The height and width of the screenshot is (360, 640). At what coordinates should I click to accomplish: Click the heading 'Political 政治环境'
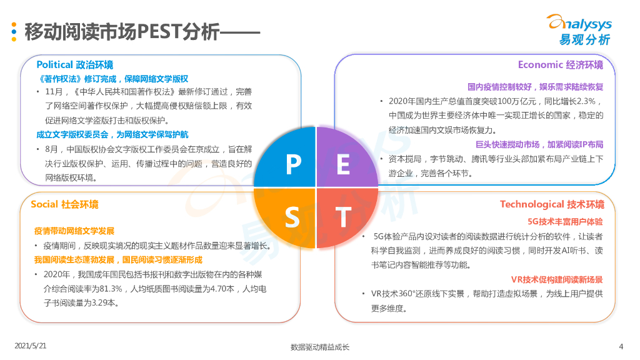tap(75, 65)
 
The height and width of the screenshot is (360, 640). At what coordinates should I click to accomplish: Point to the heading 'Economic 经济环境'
tap(560, 65)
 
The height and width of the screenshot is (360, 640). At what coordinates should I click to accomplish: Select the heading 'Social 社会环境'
tap(64, 204)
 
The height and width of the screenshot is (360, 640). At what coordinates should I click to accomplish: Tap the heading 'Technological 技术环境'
tap(551, 204)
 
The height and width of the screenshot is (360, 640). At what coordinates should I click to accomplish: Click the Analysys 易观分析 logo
tap(579, 30)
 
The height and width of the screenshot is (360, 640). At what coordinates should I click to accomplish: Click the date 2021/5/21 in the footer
tap(31, 345)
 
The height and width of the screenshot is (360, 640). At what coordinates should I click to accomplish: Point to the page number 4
tap(621, 346)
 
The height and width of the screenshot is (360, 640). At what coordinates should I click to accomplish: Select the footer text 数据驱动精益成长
tap(320, 347)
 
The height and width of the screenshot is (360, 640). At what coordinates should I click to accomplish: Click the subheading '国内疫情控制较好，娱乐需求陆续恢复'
tap(536, 87)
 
